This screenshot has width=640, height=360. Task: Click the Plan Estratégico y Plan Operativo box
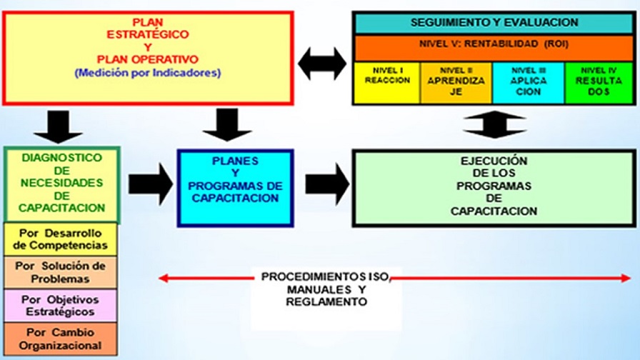click(x=149, y=57)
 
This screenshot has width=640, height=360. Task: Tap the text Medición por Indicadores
click(x=148, y=73)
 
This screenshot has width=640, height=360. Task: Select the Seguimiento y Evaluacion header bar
click(x=494, y=23)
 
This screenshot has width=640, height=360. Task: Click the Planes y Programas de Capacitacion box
click(x=235, y=187)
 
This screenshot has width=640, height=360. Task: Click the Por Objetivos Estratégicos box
click(x=62, y=306)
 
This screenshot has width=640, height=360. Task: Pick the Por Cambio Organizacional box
click(x=62, y=339)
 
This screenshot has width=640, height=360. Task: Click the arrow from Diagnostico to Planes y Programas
click(x=150, y=187)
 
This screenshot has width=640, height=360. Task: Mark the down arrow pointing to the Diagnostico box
click(x=59, y=126)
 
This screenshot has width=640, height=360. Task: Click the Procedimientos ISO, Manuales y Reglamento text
click(x=325, y=289)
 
